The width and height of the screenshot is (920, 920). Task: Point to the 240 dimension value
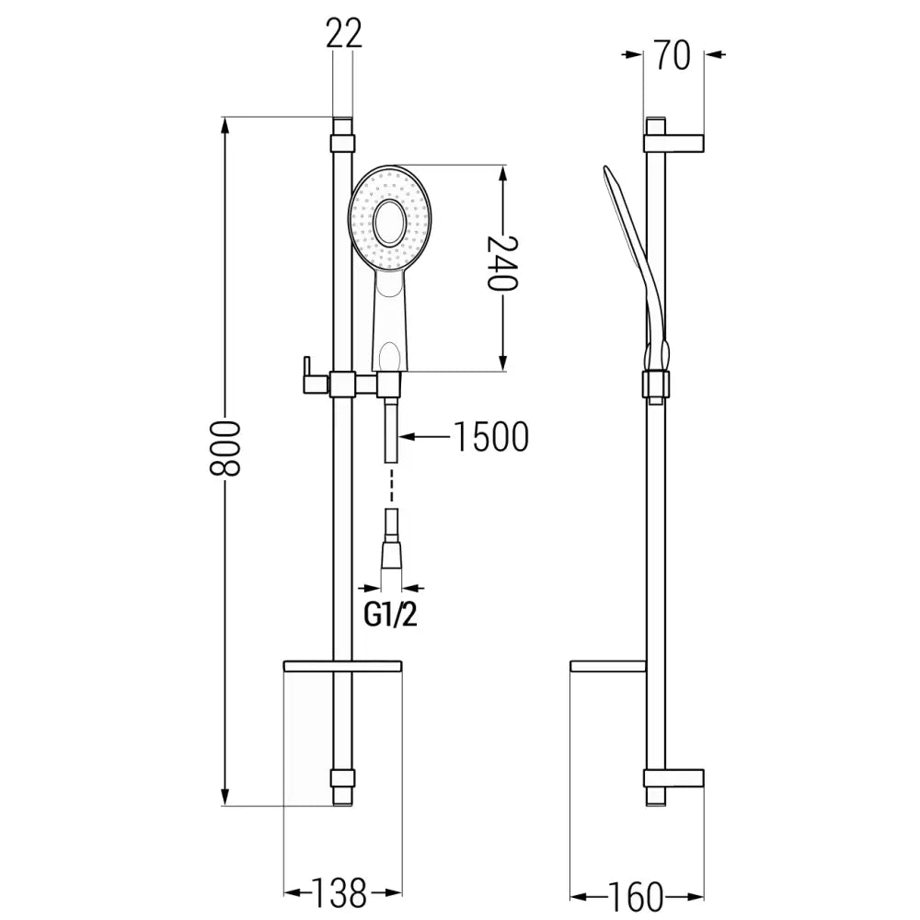502,264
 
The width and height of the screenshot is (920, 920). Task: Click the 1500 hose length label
490,437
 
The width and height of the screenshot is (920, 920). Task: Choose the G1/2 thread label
390,615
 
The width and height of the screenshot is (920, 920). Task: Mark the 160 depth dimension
634,893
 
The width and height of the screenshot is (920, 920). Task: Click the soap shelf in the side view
608,666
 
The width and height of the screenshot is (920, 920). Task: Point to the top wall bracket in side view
674,144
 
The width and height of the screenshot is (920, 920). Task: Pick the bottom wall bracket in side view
674,778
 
